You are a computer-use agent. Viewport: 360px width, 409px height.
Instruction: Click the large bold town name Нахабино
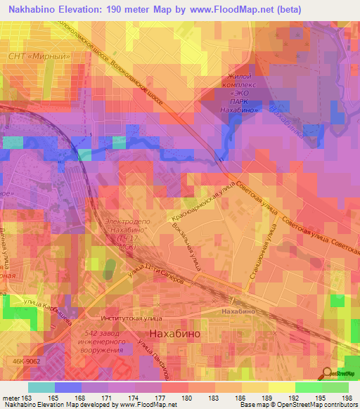click(173, 334)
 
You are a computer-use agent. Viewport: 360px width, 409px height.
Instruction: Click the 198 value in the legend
click(347, 398)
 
